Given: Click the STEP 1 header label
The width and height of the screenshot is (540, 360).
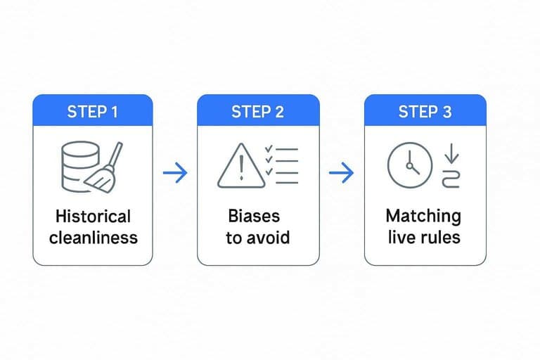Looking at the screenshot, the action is point(92,112).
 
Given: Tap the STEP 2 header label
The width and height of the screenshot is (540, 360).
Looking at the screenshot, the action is point(257,112).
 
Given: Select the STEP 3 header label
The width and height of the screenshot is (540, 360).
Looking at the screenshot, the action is point(425,112).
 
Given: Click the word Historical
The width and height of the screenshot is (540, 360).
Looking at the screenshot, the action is point(93,217).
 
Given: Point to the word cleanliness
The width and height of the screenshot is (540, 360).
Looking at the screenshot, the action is point(94,238).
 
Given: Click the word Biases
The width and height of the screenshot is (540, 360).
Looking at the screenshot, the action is point(254,216).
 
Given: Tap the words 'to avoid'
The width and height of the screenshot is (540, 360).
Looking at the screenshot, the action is point(257,238).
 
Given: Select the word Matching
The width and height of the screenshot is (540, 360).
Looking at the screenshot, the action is point(423,217).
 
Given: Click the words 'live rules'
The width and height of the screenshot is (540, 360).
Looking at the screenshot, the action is point(424,238).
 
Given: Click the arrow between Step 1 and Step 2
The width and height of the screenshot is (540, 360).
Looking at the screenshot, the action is point(175,172).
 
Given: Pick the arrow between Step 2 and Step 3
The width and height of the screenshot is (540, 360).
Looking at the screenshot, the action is point(341,172).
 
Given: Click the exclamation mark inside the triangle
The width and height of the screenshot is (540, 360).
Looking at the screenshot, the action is point(241,167).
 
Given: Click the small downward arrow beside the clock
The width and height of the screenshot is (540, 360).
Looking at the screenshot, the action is point(451,153).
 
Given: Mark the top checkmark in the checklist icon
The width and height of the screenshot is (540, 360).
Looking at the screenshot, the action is point(269,149).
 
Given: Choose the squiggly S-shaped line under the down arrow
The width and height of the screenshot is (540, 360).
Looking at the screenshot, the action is point(451,179).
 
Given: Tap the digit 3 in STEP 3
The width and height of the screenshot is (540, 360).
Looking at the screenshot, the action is point(446,112).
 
